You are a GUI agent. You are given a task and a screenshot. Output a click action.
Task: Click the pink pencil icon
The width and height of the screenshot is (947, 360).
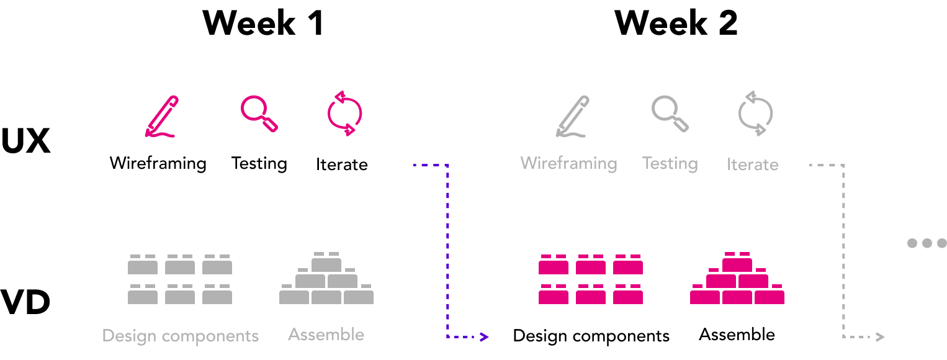(x=161, y=116)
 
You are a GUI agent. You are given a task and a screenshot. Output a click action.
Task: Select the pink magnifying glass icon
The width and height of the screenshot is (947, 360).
(x=258, y=113)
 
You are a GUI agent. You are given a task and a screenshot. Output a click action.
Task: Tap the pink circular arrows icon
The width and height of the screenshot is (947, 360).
(x=344, y=113)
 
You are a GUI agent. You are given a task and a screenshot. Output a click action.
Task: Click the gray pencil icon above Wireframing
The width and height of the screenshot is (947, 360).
(x=572, y=116)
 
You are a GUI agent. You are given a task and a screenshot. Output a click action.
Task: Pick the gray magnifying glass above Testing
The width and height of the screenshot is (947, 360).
(x=669, y=113)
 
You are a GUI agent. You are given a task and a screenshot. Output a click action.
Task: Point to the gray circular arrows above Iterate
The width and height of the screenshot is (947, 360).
(x=755, y=113)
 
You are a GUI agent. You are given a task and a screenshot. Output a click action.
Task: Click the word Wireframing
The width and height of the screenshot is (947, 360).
(x=568, y=163)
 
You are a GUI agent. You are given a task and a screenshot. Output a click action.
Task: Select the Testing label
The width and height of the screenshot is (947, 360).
(x=670, y=163)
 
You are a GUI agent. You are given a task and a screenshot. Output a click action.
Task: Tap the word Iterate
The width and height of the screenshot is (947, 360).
(x=752, y=164)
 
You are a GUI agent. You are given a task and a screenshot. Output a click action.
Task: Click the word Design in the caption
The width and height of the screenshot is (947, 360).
(x=130, y=336)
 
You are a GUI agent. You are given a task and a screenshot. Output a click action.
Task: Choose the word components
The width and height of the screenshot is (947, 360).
(x=210, y=336)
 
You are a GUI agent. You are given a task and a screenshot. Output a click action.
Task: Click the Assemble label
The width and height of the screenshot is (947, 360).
(x=326, y=335)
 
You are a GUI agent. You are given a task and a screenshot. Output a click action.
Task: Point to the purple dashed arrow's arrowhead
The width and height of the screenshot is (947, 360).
(x=485, y=337)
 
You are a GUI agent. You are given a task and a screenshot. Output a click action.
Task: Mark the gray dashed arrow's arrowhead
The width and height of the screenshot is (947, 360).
(x=879, y=337)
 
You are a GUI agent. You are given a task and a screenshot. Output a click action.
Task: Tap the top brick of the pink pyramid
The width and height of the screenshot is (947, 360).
(x=737, y=263)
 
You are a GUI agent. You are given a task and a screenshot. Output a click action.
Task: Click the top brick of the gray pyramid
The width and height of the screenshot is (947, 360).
(x=326, y=263)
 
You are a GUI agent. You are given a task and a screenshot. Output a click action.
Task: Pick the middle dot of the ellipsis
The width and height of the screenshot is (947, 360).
(x=927, y=243)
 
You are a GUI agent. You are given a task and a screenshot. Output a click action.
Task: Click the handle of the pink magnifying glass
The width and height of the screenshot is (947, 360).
(x=271, y=125)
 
